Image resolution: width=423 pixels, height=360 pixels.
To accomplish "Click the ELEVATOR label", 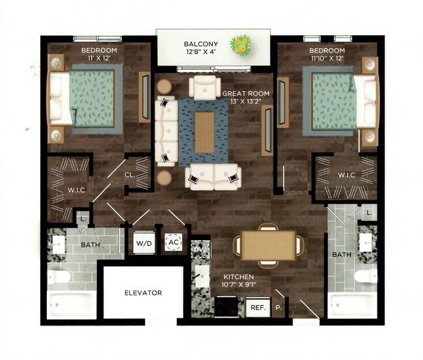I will [x=144, y=292].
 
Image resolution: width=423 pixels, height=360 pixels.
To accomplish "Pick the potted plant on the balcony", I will [x=243, y=44].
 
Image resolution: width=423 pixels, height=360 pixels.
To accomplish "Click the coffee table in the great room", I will [x=204, y=132].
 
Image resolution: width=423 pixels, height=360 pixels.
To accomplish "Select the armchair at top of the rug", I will [x=205, y=87].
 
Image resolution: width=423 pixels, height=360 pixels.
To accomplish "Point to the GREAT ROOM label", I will [x=246, y=93].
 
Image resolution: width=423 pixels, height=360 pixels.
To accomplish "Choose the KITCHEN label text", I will [x=238, y=276].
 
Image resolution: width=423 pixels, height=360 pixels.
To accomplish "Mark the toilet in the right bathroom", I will [x=364, y=276].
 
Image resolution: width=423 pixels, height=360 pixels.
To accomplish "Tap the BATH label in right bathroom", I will [x=340, y=255].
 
